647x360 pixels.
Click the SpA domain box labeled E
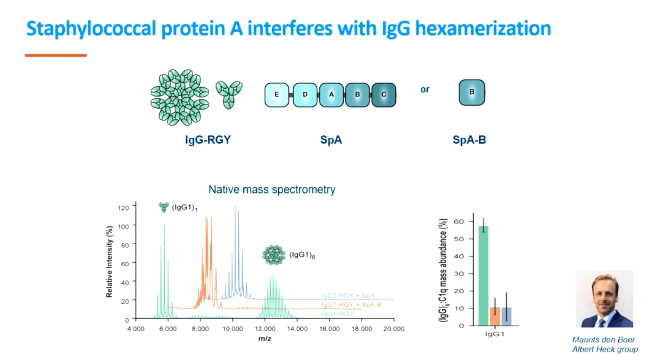pyautogui.click(x=277, y=95)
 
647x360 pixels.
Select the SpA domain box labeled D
pyautogui.click(x=305, y=95)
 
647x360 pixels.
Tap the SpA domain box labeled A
pyautogui.click(x=331, y=95)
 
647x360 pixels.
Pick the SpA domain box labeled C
pyautogui.click(x=384, y=95)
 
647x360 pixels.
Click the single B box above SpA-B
pyautogui.click(x=472, y=92)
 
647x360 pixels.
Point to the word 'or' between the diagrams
pyautogui.click(x=425, y=89)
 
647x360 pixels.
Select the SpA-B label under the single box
pyautogui.click(x=469, y=140)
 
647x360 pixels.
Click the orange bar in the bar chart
pyautogui.click(x=494, y=316)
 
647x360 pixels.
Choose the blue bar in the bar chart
pyautogui.click(x=506, y=316)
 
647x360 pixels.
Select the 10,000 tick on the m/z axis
pyautogui.click(x=233, y=329)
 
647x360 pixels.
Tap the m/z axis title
pyautogui.click(x=265, y=338)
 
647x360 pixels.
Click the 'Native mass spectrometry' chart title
pyautogui.click(x=272, y=189)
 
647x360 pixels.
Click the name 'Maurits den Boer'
pyautogui.click(x=603, y=340)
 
